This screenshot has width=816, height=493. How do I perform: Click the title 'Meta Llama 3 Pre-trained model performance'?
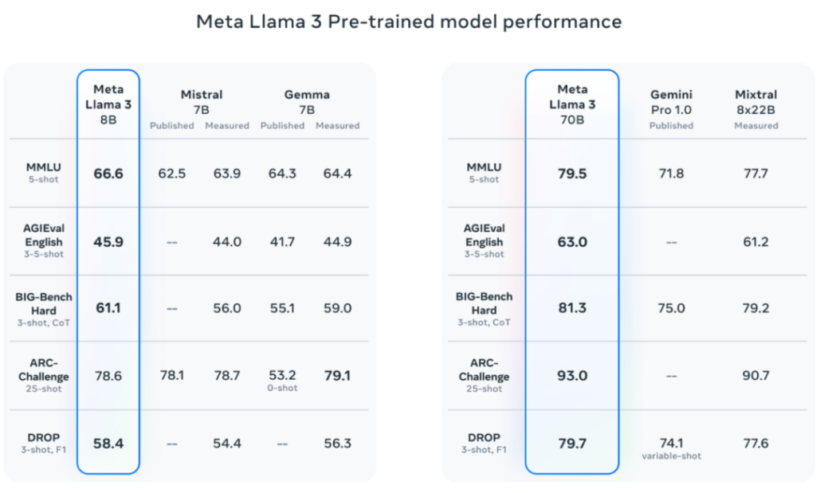click(408, 22)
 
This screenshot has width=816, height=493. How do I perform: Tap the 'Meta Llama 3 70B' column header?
click(571, 104)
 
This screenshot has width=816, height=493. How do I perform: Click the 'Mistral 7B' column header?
click(201, 102)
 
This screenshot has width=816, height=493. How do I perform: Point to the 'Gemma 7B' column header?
click(306, 102)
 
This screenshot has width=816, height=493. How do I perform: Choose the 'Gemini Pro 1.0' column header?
click(671, 101)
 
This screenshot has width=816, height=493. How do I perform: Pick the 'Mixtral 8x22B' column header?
click(755, 101)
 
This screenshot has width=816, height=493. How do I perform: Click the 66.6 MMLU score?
click(108, 173)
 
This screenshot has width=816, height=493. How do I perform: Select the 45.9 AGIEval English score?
click(108, 241)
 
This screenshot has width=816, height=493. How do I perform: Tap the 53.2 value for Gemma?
click(282, 375)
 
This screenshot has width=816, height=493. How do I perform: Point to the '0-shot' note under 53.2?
click(282, 389)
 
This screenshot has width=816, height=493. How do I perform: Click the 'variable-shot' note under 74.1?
click(671, 456)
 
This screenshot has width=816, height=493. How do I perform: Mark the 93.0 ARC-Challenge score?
click(571, 375)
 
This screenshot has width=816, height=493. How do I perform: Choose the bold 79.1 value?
click(337, 375)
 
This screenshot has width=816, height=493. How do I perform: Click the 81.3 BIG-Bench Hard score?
click(571, 308)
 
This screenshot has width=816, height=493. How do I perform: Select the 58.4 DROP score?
click(108, 443)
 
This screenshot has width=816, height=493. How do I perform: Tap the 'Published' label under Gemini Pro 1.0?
click(671, 125)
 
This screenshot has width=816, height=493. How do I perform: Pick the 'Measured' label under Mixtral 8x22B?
click(755, 125)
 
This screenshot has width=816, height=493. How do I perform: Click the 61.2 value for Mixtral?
click(755, 241)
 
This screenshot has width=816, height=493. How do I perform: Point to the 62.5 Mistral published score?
click(171, 173)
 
